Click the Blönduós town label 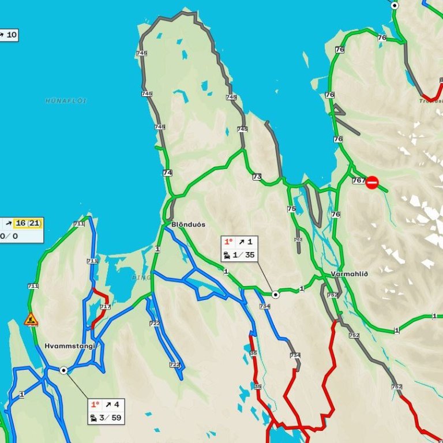[x=188, y=224]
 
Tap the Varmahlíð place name [x=350, y=274]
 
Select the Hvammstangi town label [x=70, y=346]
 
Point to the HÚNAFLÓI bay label [x=66, y=100]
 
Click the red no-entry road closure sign [x=372, y=182]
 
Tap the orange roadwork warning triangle [x=31, y=318]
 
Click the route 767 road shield [x=358, y=181]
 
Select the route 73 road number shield [x=257, y=177]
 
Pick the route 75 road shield [x=291, y=209]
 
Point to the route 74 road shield [x=168, y=172]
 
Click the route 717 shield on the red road [x=105, y=307]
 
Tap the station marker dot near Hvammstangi [x=63, y=370]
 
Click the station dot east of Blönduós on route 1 [x=276, y=295]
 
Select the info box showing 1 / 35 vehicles [x=240, y=249]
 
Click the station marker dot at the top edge [x=395, y=5]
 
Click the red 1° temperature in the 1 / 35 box [x=228, y=242]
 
